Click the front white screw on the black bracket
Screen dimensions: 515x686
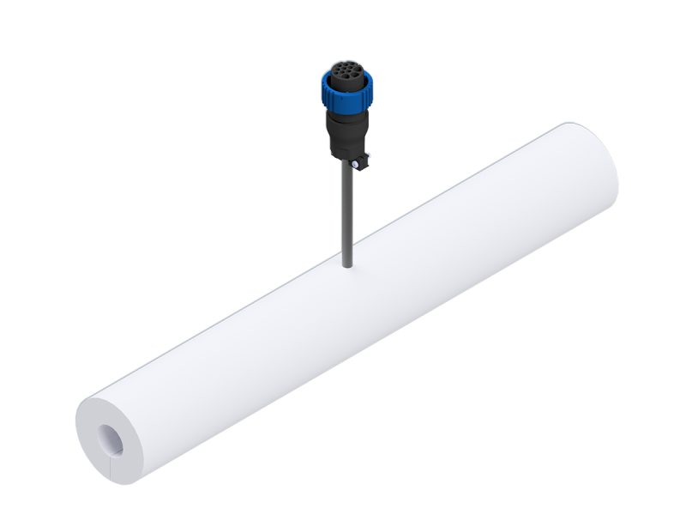(x=352, y=165)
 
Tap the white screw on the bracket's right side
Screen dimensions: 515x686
(x=366, y=157)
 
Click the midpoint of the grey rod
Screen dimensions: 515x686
(x=346, y=215)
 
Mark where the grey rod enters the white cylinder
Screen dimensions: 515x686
(x=347, y=266)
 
